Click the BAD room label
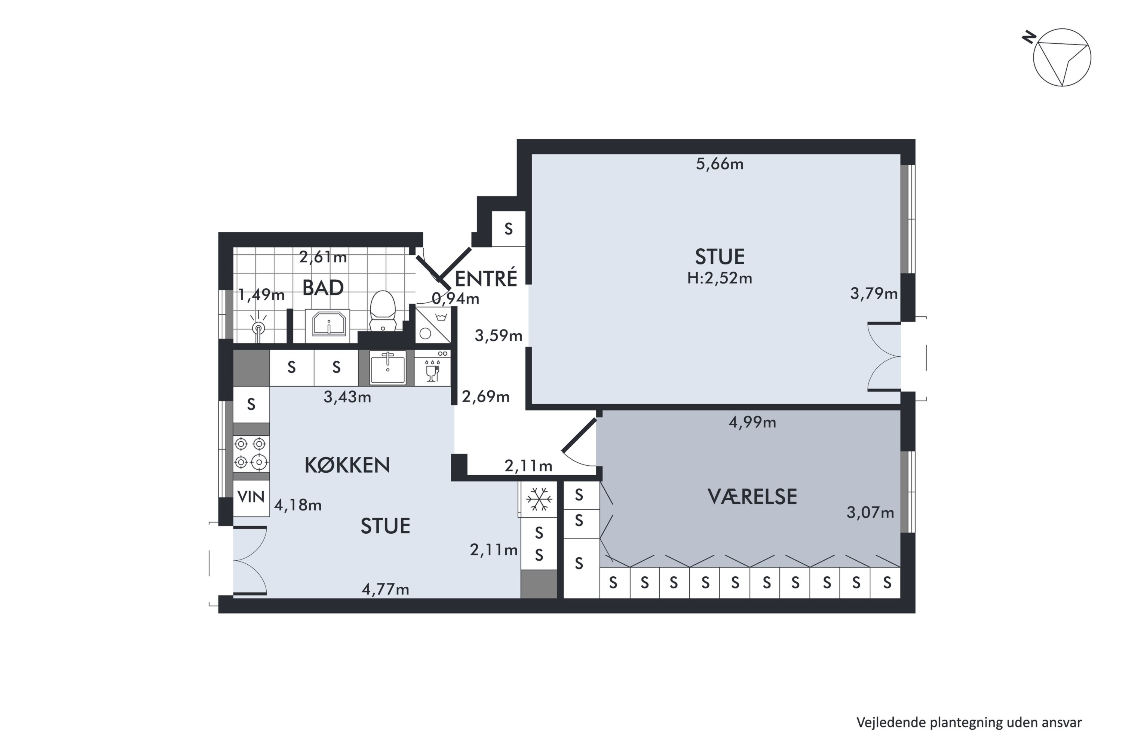[x=323, y=288]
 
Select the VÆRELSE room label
[x=752, y=497]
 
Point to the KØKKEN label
[x=347, y=465]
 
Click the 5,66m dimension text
[x=719, y=164]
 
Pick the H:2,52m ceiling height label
[x=719, y=278]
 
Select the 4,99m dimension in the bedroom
[x=752, y=422]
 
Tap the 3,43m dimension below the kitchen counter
[x=347, y=397]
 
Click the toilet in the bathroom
[x=383, y=310]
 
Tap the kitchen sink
[x=388, y=368]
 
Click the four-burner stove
[x=251, y=453]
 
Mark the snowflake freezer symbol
[x=539, y=499]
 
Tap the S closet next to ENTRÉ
[x=509, y=229]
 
